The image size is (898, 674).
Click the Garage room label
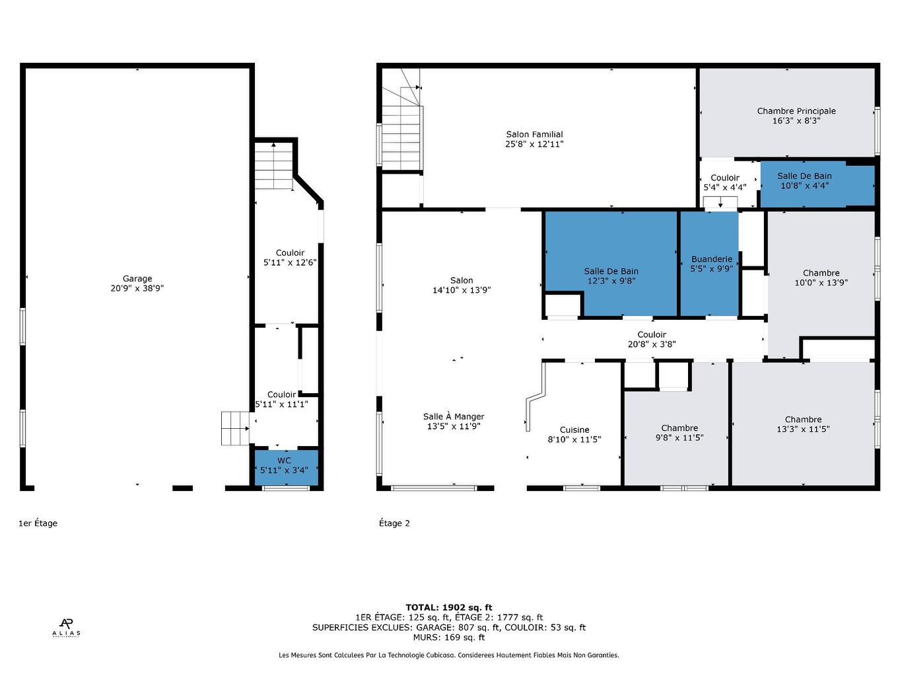click(x=137, y=279)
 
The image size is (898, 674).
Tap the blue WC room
click(x=287, y=467)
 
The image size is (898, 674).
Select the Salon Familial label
click(x=534, y=134)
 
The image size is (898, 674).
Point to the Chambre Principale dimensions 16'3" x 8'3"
click(x=796, y=121)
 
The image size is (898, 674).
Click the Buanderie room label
click(x=711, y=259)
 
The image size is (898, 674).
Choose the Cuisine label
click(x=574, y=430)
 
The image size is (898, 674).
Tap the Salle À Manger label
click(x=454, y=416)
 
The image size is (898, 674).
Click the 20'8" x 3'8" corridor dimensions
click(x=652, y=344)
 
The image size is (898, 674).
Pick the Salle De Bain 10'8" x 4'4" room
click(x=817, y=184)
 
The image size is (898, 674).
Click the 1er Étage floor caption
click(x=38, y=523)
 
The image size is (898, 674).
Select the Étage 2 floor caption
click(x=394, y=523)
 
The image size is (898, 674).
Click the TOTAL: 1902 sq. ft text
click(x=449, y=608)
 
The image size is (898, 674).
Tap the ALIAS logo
click(x=66, y=628)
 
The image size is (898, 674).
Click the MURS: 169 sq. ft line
click(x=449, y=638)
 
